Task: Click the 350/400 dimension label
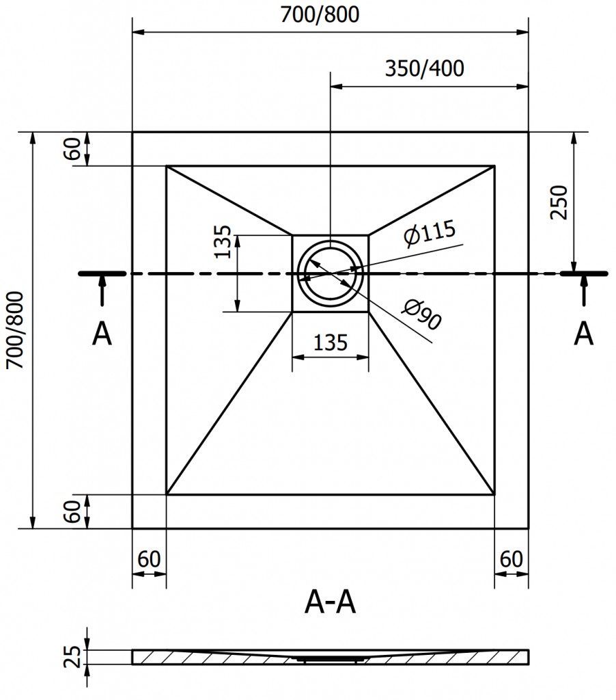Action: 424,69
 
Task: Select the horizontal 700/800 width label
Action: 319,15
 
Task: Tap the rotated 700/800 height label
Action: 15,331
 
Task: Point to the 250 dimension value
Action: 559,202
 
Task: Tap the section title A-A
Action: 331,603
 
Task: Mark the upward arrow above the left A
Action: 102,291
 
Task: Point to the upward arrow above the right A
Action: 583,291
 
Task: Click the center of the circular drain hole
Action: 331,273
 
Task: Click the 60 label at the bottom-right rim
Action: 511,558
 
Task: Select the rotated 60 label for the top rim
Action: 74,148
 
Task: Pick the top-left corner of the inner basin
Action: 167,165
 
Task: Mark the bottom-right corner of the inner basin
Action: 494,494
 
